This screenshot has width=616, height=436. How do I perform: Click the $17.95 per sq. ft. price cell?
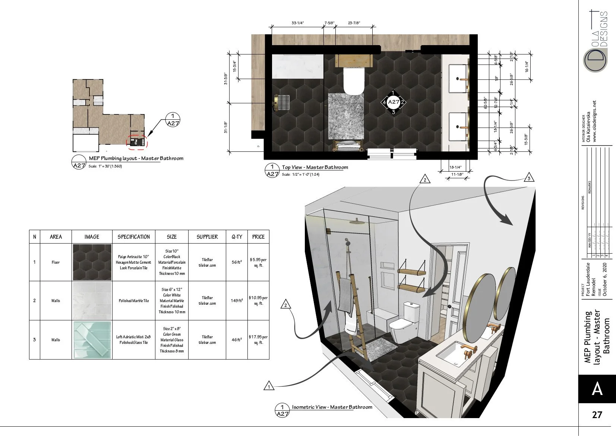pyautogui.click(x=258, y=339)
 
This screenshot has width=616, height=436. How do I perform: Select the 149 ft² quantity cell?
pyautogui.click(x=237, y=301)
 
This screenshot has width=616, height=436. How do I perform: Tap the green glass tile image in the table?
pyautogui.click(x=92, y=340)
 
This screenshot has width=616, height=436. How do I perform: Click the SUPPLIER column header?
pyautogui.click(x=207, y=237)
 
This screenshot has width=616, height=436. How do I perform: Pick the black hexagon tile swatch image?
pyautogui.click(x=92, y=262)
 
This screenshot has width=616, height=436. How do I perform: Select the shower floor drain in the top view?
pyautogui.click(x=284, y=103)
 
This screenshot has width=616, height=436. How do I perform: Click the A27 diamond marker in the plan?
pyautogui.click(x=394, y=102)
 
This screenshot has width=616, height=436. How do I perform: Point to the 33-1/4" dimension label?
pyautogui.click(x=298, y=23)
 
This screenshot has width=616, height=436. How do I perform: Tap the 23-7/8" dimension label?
pyautogui.click(x=354, y=23)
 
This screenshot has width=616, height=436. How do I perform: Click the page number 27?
pyautogui.click(x=597, y=415)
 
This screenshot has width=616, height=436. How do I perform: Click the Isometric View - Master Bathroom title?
pyautogui.click(x=332, y=407)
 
